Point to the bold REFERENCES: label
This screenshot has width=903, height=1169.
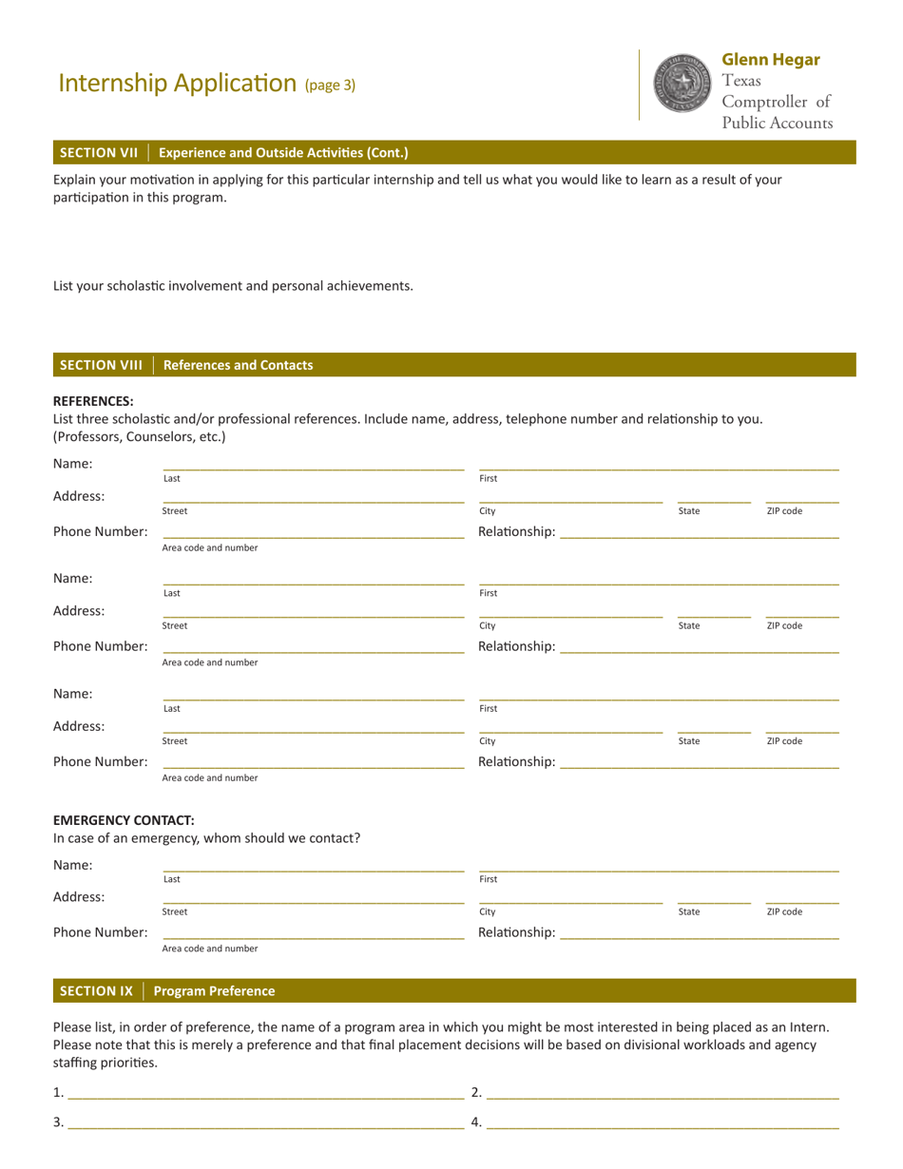93,401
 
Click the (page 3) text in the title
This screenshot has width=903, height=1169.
330,85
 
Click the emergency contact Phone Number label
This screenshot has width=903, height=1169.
100,932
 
